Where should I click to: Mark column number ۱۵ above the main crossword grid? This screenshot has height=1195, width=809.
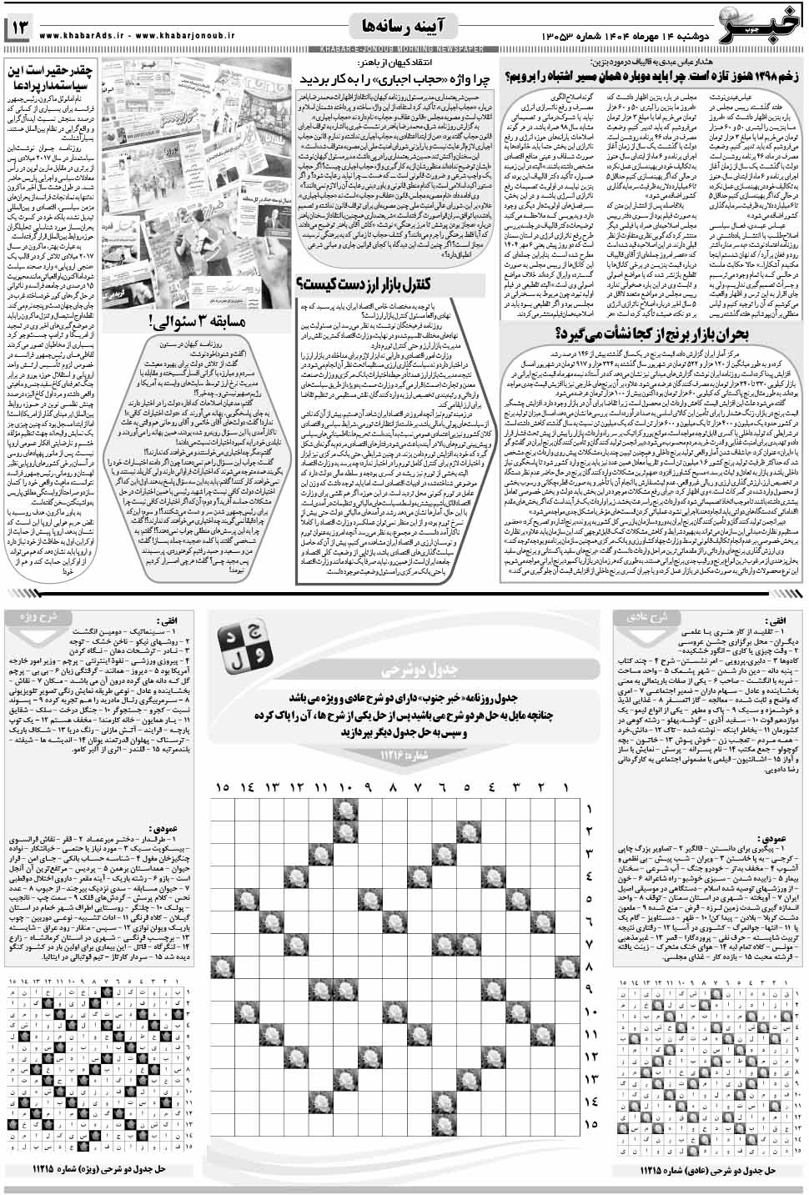[x=223, y=787]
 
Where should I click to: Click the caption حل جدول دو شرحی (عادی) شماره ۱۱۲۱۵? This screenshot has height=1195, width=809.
[x=709, y=1170]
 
